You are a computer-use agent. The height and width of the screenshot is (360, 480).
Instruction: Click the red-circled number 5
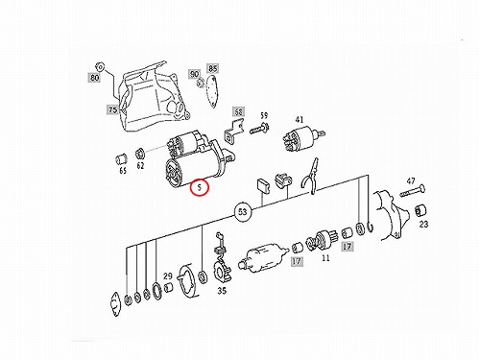click(x=200, y=187)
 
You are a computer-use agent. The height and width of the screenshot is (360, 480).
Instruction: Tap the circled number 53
click(x=243, y=212)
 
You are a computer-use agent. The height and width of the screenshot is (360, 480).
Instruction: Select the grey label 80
click(x=94, y=78)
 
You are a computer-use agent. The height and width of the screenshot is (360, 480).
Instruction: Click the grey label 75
click(x=112, y=109)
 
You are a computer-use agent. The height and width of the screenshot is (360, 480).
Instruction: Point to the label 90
click(x=194, y=74)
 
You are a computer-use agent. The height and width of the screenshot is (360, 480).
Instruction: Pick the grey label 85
click(x=213, y=68)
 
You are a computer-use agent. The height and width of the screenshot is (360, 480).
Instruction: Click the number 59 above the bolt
click(x=263, y=115)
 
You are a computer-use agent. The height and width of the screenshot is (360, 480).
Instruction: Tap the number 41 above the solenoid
click(x=300, y=120)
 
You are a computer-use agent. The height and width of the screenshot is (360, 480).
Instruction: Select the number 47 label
click(x=411, y=181)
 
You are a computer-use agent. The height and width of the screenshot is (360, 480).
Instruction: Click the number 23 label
click(x=423, y=224)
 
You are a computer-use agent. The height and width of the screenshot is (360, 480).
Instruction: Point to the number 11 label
click(x=325, y=257)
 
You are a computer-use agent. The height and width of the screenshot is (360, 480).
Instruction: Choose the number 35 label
click(x=222, y=291)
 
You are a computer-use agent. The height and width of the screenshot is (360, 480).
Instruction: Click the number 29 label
click(x=168, y=276)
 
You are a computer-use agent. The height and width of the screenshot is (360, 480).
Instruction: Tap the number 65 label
click(x=123, y=171)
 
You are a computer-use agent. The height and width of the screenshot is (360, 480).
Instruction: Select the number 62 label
click(x=140, y=165)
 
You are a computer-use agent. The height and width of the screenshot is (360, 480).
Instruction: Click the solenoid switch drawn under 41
click(x=302, y=139)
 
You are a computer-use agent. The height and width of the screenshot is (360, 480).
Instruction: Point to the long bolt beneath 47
click(x=412, y=190)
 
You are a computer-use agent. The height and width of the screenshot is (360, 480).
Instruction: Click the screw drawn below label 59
click(x=259, y=128)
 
